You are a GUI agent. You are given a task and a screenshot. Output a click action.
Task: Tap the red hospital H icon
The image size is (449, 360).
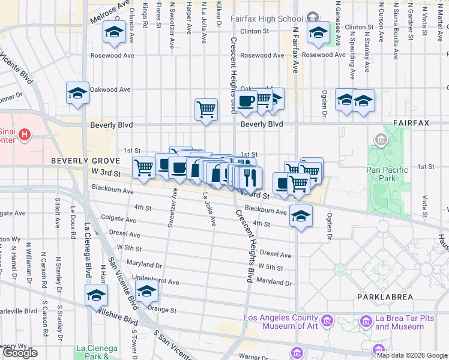[x=23, y=134]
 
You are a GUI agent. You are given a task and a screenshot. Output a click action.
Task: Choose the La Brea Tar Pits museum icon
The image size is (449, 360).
[x=365, y=323]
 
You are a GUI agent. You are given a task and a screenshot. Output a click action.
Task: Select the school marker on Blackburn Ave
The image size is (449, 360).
[x=301, y=215]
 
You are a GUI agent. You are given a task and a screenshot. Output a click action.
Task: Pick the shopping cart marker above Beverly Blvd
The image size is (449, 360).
[x=206, y=110]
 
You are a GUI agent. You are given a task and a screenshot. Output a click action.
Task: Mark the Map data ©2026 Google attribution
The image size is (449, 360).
[x=412, y=355]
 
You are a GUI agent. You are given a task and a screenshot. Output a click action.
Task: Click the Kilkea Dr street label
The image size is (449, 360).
[x=220, y=15]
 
